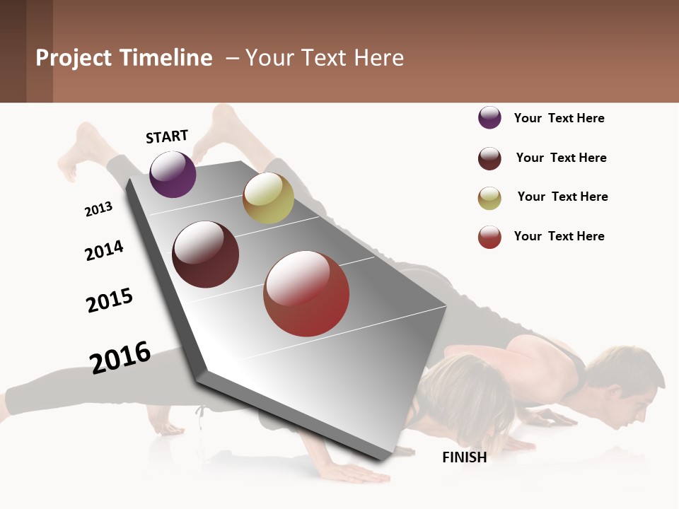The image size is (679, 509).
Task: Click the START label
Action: [x=167, y=136]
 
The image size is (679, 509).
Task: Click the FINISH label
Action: [x=464, y=457]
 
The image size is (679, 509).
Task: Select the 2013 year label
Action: [x=98, y=209]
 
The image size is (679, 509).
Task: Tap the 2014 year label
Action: [x=104, y=251]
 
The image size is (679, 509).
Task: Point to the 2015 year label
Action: [x=110, y=300]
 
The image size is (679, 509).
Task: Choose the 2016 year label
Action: [x=120, y=358]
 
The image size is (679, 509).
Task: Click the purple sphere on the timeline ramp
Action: [x=173, y=175]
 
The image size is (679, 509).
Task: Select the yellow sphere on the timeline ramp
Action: [x=268, y=198]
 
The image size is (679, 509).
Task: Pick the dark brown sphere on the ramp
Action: [x=205, y=255]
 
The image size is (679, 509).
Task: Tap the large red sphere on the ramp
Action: [x=306, y=293]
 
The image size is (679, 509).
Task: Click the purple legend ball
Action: [x=489, y=117]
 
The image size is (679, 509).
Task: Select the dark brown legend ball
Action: [x=489, y=158]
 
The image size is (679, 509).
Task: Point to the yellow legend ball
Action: [x=489, y=198]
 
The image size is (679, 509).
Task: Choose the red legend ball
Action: [x=489, y=237]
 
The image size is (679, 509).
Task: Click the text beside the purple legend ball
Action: [x=559, y=118]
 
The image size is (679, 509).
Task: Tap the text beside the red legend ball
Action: [x=559, y=236]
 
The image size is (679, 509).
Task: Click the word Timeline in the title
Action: [x=166, y=58]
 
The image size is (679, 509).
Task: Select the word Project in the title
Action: [x=74, y=58]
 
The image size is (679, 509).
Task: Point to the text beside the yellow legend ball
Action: [x=562, y=197]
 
